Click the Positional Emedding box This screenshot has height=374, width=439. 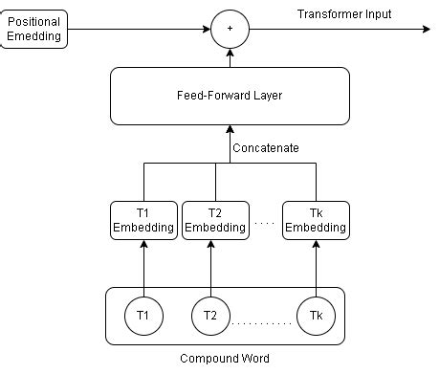pyautogui.click(x=34, y=29)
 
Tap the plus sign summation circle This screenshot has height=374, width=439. pyautogui.click(x=229, y=29)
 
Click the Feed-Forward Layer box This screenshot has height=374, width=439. pyautogui.click(x=229, y=97)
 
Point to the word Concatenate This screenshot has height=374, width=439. pyautogui.click(x=266, y=148)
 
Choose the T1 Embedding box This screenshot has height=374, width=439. pyautogui.click(x=143, y=220)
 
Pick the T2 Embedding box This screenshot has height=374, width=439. pyautogui.click(x=214, y=220)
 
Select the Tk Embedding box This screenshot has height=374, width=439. pyautogui.click(x=315, y=220)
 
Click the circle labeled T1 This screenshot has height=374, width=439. pyautogui.click(x=143, y=315)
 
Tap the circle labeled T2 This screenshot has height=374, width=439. pyautogui.click(x=210, y=315)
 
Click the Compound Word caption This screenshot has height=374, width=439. pyautogui.click(x=225, y=359)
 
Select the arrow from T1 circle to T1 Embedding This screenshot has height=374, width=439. pyautogui.click(x=143, y=268)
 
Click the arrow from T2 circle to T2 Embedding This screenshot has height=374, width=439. pyautogui.click(x=210, y=268)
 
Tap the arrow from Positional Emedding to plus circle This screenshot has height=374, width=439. pyautogui.click(x=139, y=29)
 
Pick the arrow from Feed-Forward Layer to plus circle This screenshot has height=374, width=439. pyautogui.click(x=229, y=57)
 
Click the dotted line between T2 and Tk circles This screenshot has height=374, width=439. pyautogui.click(x=262, y=324)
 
